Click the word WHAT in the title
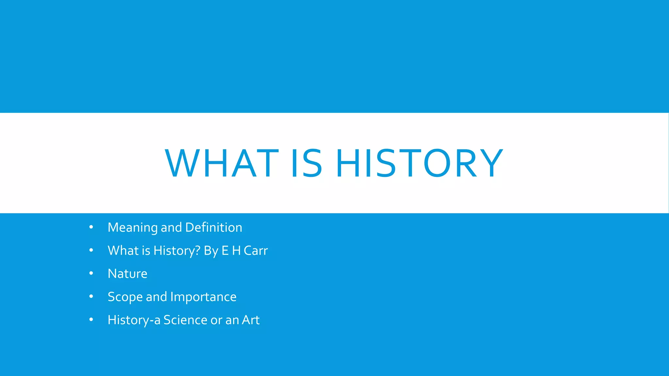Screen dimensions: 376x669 [x=222, y=163]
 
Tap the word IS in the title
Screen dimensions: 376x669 [x=306, y=163]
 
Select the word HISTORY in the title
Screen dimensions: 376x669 [x=419, y=163]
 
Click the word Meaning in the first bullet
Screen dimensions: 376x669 [x=133, y=227]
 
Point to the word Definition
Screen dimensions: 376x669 [x=214, y=227]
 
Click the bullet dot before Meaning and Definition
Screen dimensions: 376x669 [x=91, y=227]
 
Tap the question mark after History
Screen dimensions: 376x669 [x=198, y=250]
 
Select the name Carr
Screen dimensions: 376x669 [x=256, y=251]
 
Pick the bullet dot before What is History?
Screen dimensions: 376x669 [x=91, y=250]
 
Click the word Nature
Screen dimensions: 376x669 [x=127, y=274]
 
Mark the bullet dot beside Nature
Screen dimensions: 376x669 [x=91, y=273]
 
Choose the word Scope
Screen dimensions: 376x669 [x=125, y=297]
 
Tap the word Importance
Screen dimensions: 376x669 [x=203, y=297]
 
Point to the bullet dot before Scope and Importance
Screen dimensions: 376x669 [x=91, y=296]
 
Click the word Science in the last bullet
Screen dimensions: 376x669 [x=186, y=320]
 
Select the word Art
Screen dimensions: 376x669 [x=251, y=320]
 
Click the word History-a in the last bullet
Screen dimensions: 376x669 [x=134, y=320]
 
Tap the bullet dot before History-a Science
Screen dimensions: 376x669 [x=91, y=320]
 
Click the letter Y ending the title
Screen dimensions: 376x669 [x=491, y=163]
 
